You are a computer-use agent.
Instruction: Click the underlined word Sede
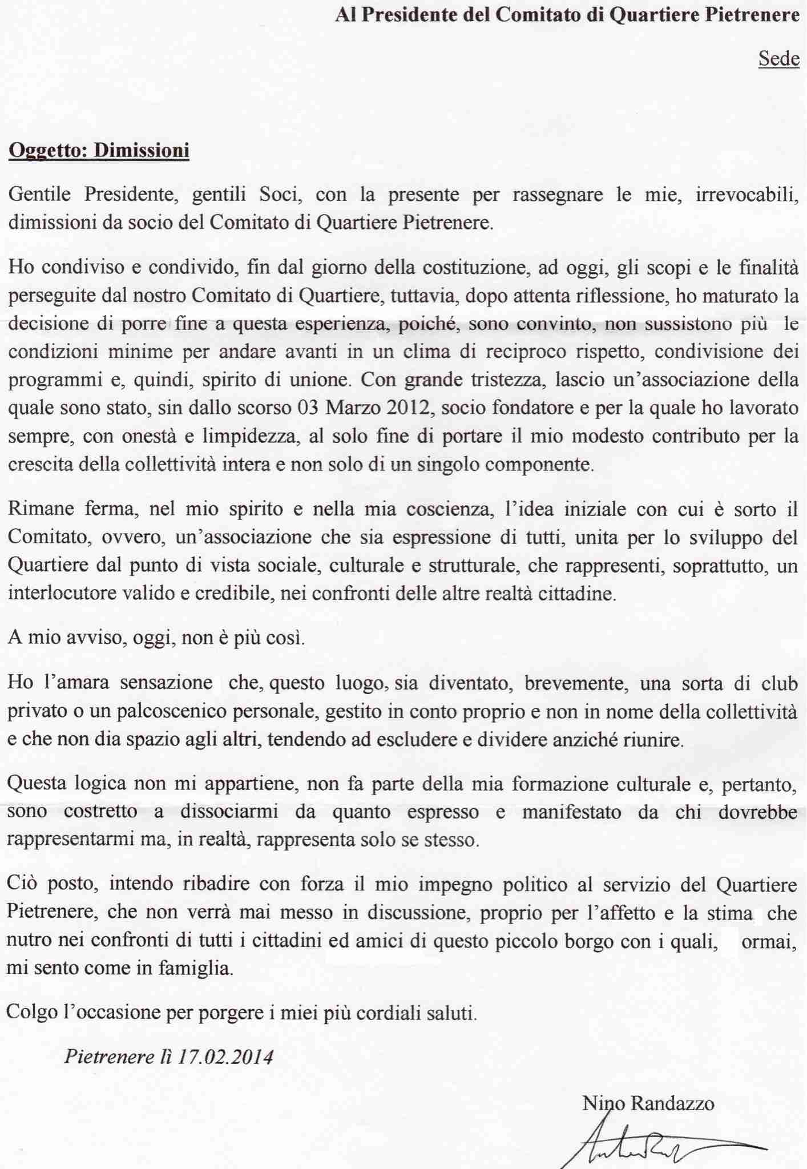pos(778,59)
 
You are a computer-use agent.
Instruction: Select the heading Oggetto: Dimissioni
pos(99,151)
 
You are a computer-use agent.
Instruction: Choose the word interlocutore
pos(64,594)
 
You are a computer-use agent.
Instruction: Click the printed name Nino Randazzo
pos(648,1103)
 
